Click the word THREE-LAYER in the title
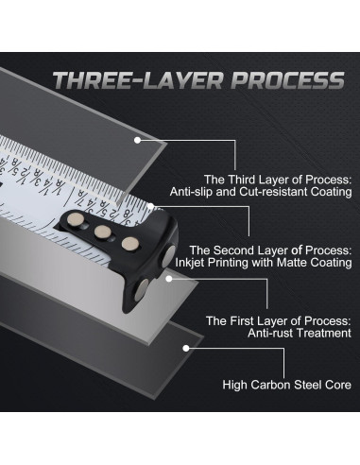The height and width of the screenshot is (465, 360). (x=138, y=80)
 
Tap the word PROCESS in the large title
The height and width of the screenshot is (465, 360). (x=288, y=80)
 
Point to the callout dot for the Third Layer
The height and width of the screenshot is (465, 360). (x=137, y=140)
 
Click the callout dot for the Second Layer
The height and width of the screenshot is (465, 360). (x=151, y=207)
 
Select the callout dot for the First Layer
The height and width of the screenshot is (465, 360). (x=169, y=279)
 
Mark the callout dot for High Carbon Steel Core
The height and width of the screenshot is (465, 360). (x=186, y=348)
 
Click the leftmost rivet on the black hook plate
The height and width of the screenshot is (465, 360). (x=76, y=218)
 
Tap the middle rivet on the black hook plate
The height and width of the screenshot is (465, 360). (x=103, y=232)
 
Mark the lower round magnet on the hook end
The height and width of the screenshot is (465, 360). (x=141, y=290)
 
